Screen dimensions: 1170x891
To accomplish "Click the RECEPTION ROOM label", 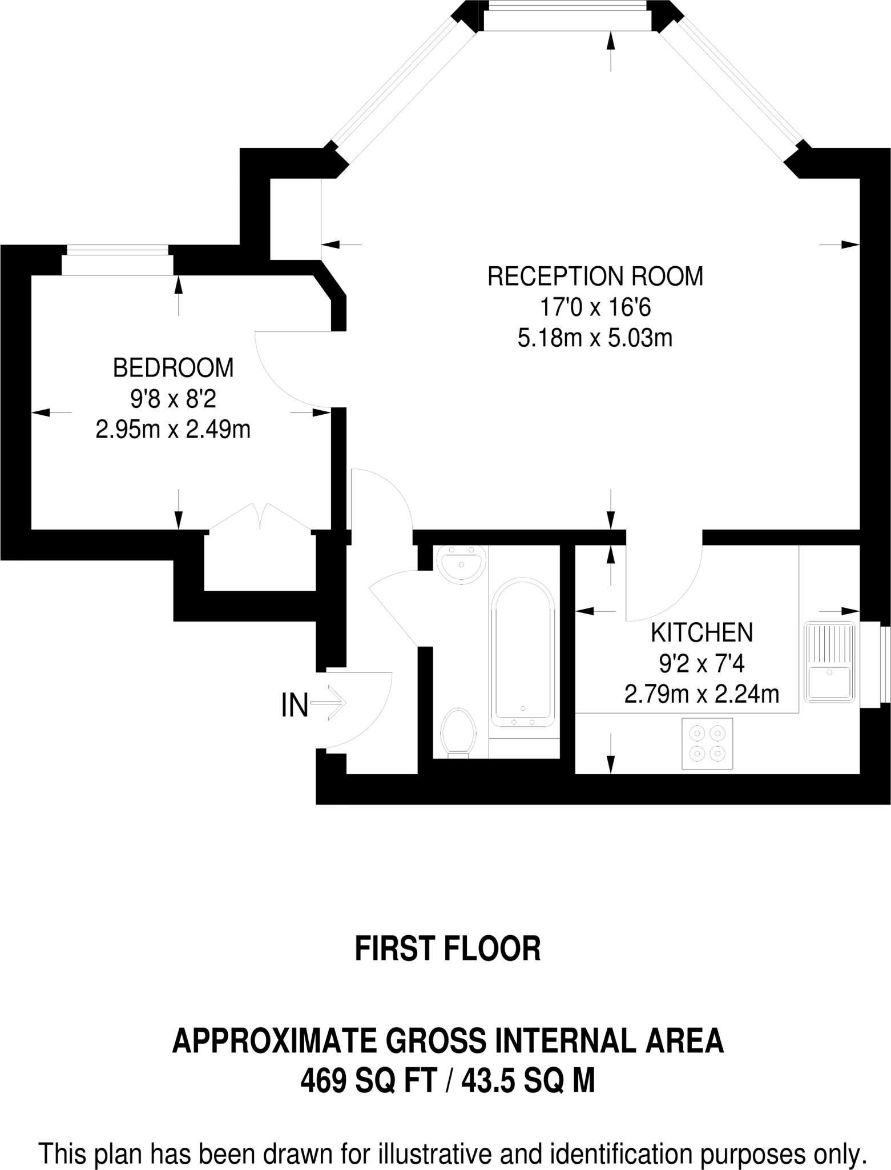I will click(x=595, y=277).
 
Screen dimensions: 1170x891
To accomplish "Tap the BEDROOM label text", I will click(x=174, y=368).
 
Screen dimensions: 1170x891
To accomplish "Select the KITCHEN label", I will click(x=702, y=633).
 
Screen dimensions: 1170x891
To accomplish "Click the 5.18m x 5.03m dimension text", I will click(x=595, y=339).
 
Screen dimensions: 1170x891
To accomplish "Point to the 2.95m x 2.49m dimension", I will click(x=174, y=430).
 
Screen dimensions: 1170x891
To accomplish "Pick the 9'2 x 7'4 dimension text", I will click(x=702, y=664).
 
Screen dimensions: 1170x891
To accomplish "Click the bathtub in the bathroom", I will click(x=523, y=652).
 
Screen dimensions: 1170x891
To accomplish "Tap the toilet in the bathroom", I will click(x=459, y=732).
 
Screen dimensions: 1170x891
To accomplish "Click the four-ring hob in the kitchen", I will click(x=707, y=743).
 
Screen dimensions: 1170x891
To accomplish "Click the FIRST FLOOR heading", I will click(x=447, y=949).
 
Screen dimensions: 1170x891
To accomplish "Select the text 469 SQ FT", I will click(x=368, y=1081).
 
